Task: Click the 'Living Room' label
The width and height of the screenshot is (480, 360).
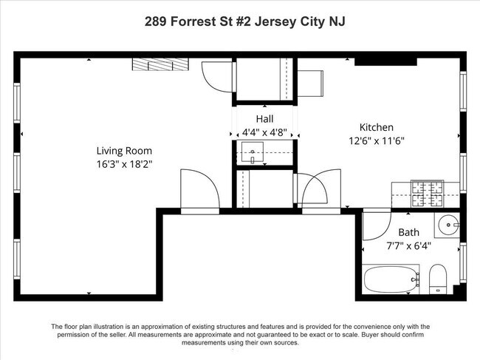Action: tap(123, 149)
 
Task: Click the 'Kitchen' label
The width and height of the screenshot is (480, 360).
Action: tap(376, 126)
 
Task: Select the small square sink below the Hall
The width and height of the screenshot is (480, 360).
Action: tap(253, 154)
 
